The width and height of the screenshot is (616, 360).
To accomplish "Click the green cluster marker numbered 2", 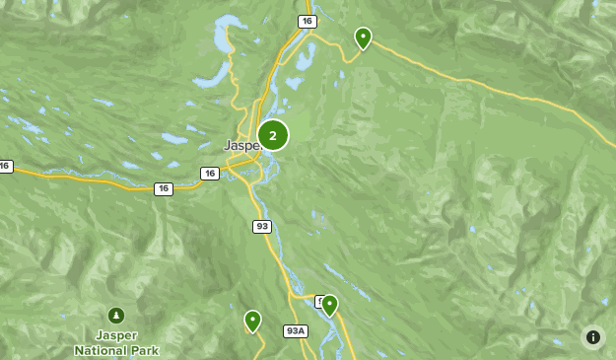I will click(273, 135).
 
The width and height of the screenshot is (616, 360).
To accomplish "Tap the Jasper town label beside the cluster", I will click(240, 145).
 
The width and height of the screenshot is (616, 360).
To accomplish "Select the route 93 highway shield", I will click(261, 226).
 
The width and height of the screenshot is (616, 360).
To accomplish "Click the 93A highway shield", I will click(296, 330).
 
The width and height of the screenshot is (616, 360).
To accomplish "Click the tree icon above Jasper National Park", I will click(116, 316).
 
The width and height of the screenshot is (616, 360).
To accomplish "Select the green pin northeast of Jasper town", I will click(363, 38).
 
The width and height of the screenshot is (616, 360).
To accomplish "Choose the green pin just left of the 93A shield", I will click(253, 322).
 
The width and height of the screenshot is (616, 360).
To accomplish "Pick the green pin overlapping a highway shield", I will click(329, 306).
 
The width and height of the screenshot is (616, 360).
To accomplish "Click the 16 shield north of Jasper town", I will click(308, 21).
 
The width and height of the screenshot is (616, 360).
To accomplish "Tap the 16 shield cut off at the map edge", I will click(5, 167).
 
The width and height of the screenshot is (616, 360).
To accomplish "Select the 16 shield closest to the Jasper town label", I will click(209, 174).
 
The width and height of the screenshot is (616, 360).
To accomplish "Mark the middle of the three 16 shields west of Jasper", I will click(163, 188).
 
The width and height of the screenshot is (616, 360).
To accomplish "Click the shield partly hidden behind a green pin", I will click(319, 301).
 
